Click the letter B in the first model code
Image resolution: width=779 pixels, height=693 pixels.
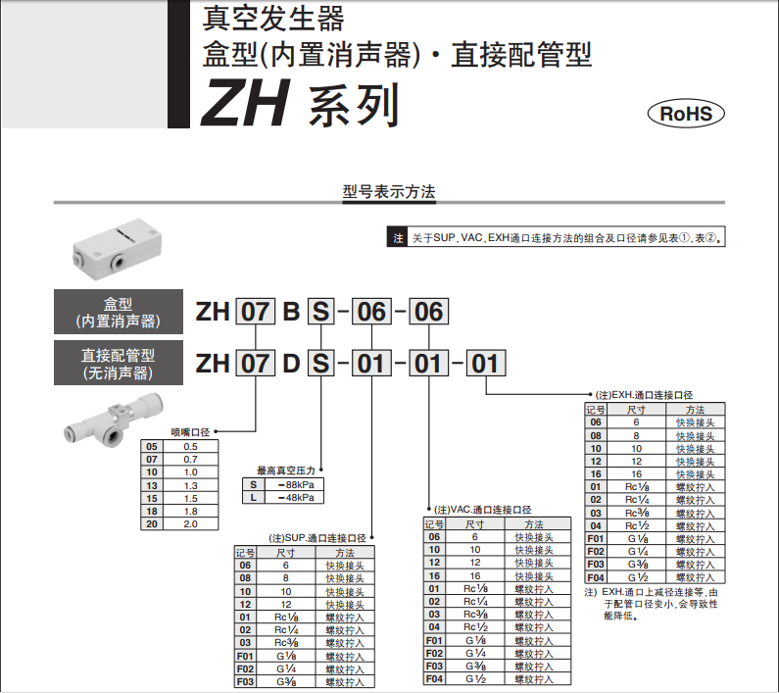point(291,313)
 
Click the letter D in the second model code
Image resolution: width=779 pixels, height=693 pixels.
point(291,365)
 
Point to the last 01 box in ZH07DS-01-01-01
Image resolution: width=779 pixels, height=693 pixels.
point(485,365)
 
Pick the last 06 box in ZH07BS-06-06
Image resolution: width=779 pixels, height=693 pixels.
point(426,313)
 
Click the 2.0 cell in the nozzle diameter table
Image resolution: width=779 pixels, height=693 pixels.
point(190,523)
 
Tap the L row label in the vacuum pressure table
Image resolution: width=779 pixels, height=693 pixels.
point(253,497)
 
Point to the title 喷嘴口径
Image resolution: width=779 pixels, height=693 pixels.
point(190,431)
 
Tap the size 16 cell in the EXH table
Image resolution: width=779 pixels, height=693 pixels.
point(635,473)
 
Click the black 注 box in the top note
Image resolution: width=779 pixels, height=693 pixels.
point(398,238)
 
